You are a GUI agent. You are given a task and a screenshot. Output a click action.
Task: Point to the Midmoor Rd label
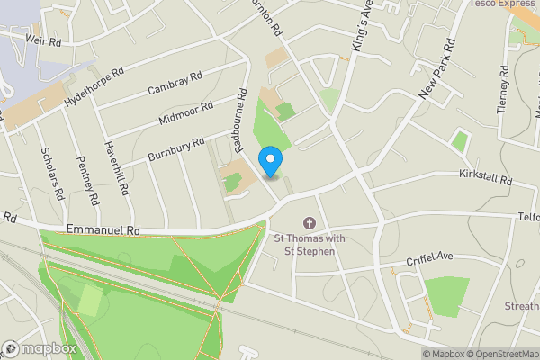click(185, 112)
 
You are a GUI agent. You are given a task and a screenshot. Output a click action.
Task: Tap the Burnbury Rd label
click(176, 148)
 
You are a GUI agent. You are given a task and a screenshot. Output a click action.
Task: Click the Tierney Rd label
click(503, 89)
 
